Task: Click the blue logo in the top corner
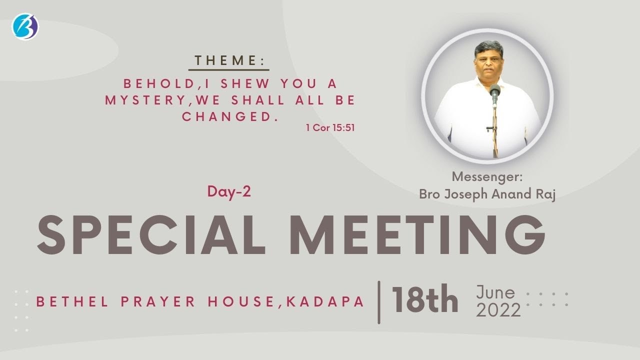(25, 26)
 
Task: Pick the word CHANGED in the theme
(227, 116)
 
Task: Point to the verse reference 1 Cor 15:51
(330, 127)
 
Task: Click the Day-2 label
(229, 191)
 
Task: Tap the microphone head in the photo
(495, 91)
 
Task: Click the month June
(495, 292)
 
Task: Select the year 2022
(498, 311)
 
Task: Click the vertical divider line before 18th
(379, 301)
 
